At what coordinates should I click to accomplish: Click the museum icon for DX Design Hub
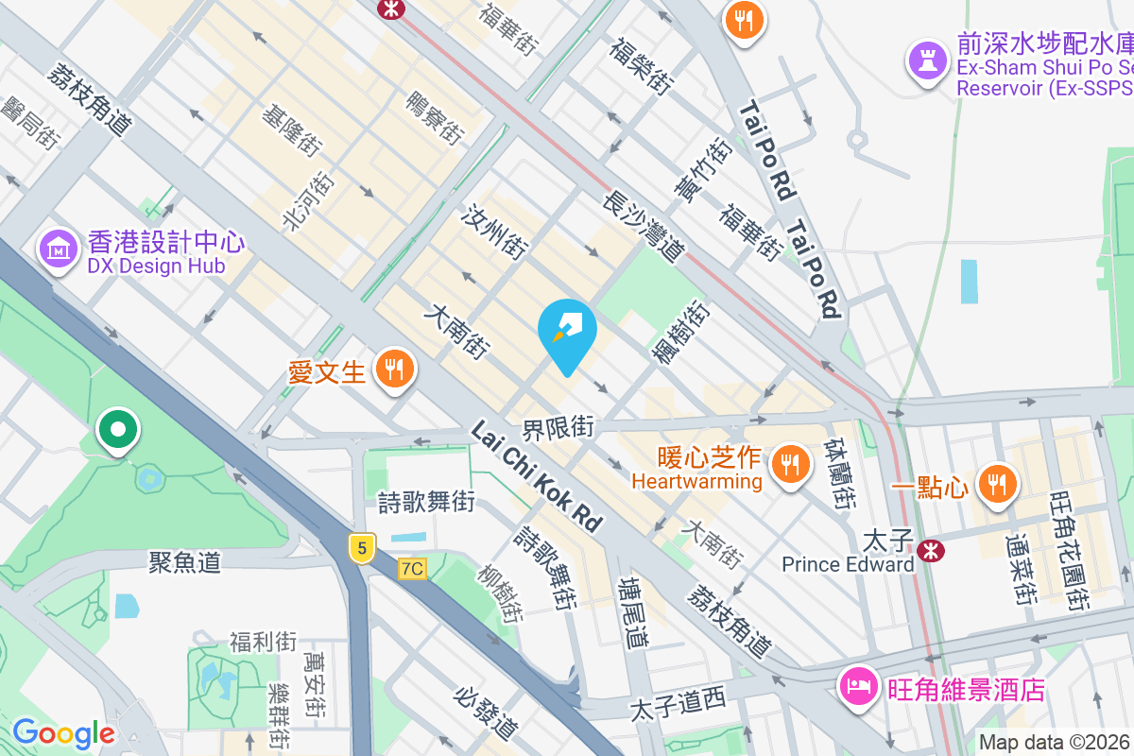coord(59,249)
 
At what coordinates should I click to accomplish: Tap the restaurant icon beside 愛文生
coord(394,369)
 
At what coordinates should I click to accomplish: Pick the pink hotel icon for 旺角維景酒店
coord(858,685)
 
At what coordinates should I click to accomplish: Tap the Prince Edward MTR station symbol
coord(930,547)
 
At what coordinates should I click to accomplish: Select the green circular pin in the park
coord(117,431)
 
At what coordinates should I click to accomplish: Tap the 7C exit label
coord(412,568)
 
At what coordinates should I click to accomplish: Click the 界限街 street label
coord(558,428)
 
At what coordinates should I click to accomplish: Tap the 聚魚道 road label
coord(185,562)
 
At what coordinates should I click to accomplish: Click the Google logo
coord(63,733)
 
